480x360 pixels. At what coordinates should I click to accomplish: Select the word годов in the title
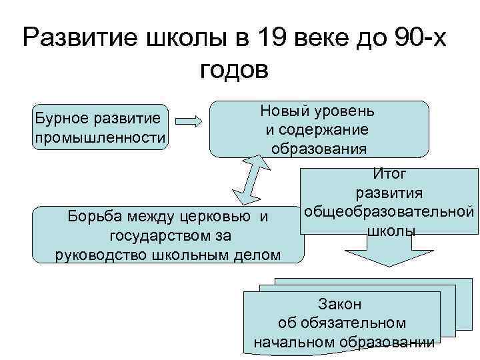point(233,69)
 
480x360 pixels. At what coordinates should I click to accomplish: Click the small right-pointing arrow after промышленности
point(190,122)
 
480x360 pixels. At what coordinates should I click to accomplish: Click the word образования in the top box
point(319,148)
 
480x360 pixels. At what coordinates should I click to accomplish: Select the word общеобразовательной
point(389,213)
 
